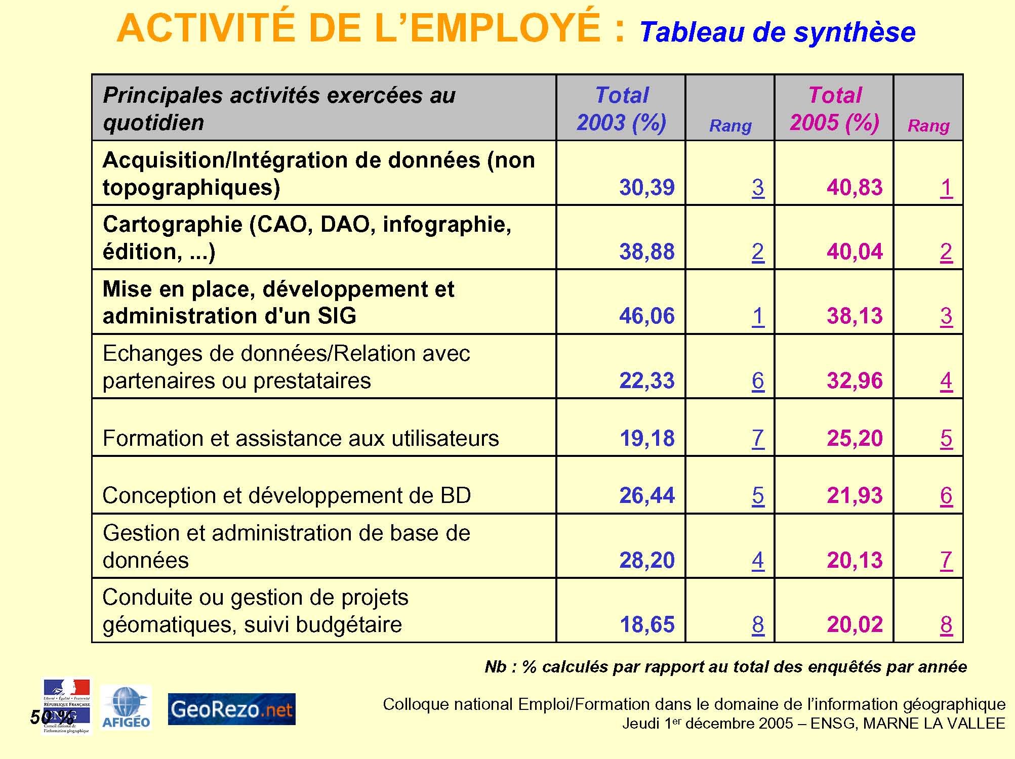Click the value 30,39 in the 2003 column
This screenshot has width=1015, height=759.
[646, 188]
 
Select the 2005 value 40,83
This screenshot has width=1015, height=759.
[855, 188]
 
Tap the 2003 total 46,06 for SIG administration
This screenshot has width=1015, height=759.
[646, 316]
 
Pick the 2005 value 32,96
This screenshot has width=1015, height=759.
[855, 381]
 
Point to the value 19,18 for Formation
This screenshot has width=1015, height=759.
[646, 438]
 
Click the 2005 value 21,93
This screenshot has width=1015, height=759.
[855, 495]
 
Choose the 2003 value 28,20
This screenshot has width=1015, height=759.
[646, 560]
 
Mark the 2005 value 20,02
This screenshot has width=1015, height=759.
[855, 624]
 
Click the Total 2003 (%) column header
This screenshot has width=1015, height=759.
[621, 109]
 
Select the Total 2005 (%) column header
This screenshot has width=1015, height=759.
[834, 109]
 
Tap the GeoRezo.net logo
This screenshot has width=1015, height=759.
[231, 709]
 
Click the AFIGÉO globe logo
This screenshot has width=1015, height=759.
[126, 707]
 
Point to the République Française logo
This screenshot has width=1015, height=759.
[67, 706]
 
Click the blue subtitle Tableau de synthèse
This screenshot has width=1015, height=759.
[777, 32]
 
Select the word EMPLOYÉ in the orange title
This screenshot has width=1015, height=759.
[506, 28]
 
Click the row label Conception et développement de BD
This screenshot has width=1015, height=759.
[287, 495]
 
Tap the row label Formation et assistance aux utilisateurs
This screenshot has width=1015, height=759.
[301, 438]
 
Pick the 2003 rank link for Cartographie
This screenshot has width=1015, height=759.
[757, 252]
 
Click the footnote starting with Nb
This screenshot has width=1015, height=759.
[725, 667]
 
